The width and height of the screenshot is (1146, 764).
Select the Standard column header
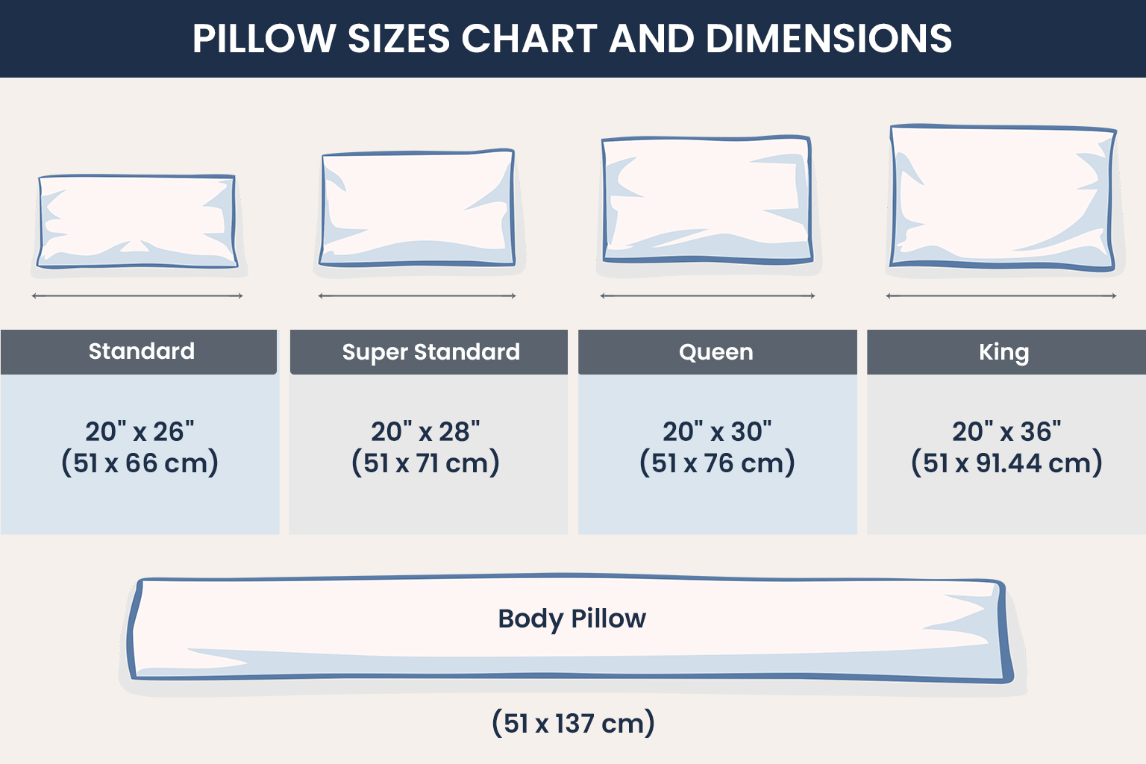point(141,351)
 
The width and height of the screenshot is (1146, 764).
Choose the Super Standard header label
point(430,352)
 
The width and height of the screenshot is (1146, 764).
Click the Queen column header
point(716,352)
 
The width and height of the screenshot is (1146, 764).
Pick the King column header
point(1004,352)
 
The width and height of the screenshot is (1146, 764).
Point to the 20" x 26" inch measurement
point(140,431)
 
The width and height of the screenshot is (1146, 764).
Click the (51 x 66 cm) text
point(140,463)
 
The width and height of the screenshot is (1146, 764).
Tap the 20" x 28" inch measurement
point(425,431)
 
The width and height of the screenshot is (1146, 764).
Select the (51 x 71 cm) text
point(425,463)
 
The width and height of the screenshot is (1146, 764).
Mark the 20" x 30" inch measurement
point(717,431)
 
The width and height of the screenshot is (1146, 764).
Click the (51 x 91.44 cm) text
point(1006,463)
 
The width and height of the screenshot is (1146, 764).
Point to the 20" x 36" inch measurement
point(1006,431)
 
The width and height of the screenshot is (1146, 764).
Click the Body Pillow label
point(572,619)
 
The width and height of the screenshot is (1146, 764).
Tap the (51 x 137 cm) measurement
point(573,723)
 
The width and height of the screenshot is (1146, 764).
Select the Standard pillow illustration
point(138,222)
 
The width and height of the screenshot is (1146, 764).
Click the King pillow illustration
point(1003,198)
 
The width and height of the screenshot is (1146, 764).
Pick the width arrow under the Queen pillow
point(707,296)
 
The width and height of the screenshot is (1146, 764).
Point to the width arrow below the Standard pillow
point(137,296)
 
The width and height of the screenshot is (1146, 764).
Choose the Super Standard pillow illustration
point(418,208)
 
